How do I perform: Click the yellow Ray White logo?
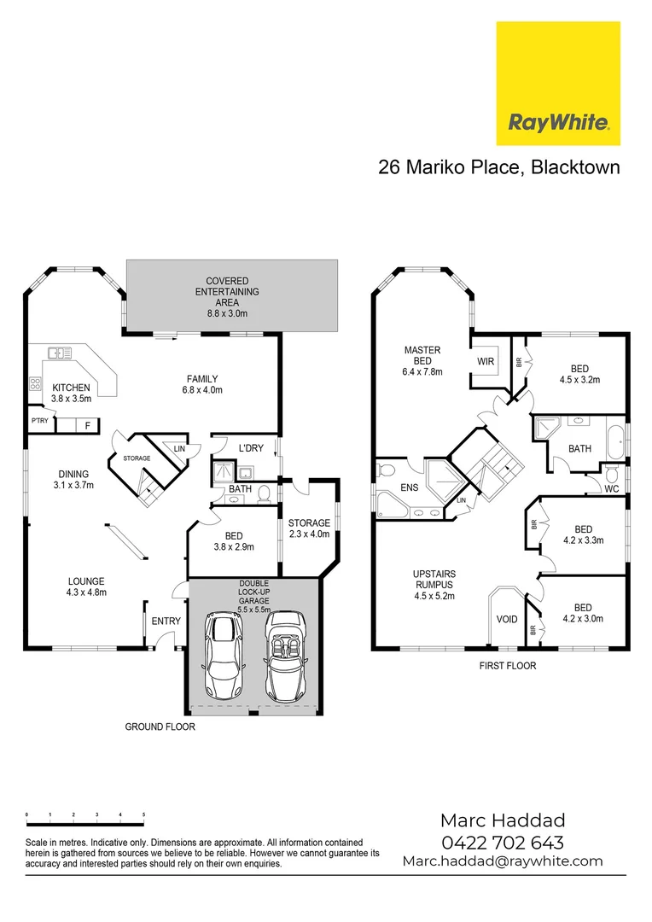click(x=558, y=84)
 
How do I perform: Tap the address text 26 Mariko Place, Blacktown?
click(x=498, y=167)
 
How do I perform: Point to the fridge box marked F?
click(x=86, y=425)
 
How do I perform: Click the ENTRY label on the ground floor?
click(x=166, y=621)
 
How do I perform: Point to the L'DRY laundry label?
click(x=251, y=448)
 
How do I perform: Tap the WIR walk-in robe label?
click(x=486, y=362)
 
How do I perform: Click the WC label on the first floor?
click(x=611, y=489)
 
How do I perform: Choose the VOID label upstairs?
click(x=507, y=619)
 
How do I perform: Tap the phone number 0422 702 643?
click(x=502, y=843)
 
